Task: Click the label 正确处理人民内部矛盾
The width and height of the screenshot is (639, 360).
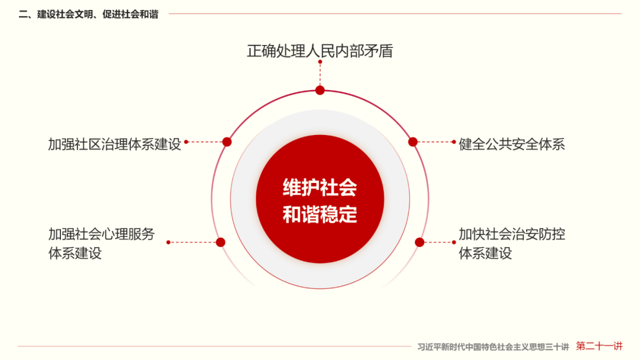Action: click(319, 51)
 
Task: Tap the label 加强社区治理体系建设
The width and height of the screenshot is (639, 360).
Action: click(114, 144)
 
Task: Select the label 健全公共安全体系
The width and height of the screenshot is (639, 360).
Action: click(512, 144)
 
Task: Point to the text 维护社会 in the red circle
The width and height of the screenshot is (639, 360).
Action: click(319, 188)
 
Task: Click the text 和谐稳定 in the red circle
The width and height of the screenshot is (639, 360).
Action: click(319, 214)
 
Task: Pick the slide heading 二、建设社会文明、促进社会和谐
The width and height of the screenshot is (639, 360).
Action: click(89, 14)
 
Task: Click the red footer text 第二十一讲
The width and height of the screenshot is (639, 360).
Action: click(599, 346)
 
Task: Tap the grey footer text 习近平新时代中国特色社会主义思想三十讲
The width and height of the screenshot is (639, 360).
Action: click(493, 346)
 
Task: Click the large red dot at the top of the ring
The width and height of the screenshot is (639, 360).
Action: click(320, 90)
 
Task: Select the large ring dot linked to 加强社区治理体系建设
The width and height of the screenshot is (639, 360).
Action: click(227, 142)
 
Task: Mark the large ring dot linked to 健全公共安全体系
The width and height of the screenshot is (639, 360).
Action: click(413, 142)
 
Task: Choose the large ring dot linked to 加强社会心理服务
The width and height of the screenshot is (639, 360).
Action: click(221, 242)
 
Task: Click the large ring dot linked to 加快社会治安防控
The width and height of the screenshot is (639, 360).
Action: click(419, 242)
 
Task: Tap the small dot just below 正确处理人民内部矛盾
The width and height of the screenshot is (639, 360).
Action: click(320, 62)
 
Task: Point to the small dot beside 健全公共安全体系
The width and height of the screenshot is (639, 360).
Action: click(454, 142)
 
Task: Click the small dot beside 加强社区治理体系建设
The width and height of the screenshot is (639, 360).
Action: click(186, 142)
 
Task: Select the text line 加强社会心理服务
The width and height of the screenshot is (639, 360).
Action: click(101, 234)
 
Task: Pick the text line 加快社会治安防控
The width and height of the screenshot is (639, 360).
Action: click(512, 234)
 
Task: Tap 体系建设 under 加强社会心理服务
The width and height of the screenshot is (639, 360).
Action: click(75, 253)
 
